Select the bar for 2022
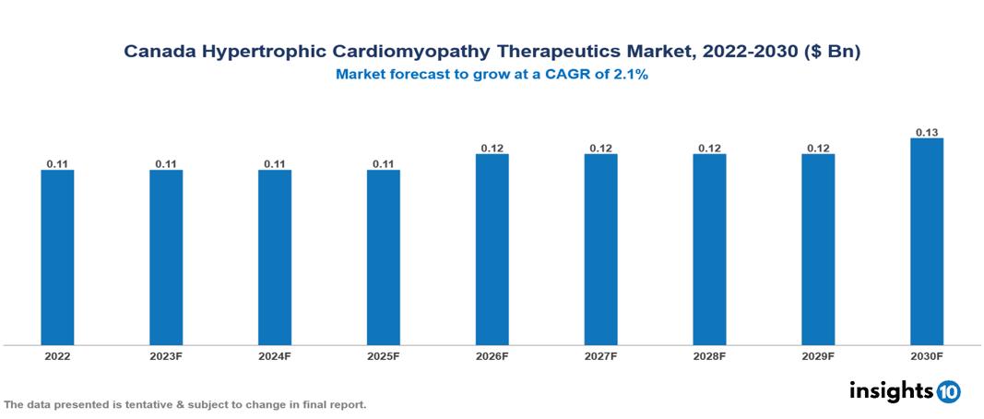[57, 257]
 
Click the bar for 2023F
[166, 257]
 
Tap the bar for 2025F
[384, 257]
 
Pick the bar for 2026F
[492, 249]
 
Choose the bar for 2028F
[709, 249]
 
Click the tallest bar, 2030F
[927, 241]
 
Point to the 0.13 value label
[927, 132]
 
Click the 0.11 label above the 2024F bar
[275, 164]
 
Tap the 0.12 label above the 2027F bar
[601, 148]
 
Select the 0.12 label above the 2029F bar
[818, 148]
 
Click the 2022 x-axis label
[57, 355]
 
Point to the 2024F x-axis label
[275, 355]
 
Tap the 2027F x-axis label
[601, 355]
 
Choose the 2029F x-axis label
[818, 355]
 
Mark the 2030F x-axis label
[927, 355]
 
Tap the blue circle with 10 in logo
[948, 391]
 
